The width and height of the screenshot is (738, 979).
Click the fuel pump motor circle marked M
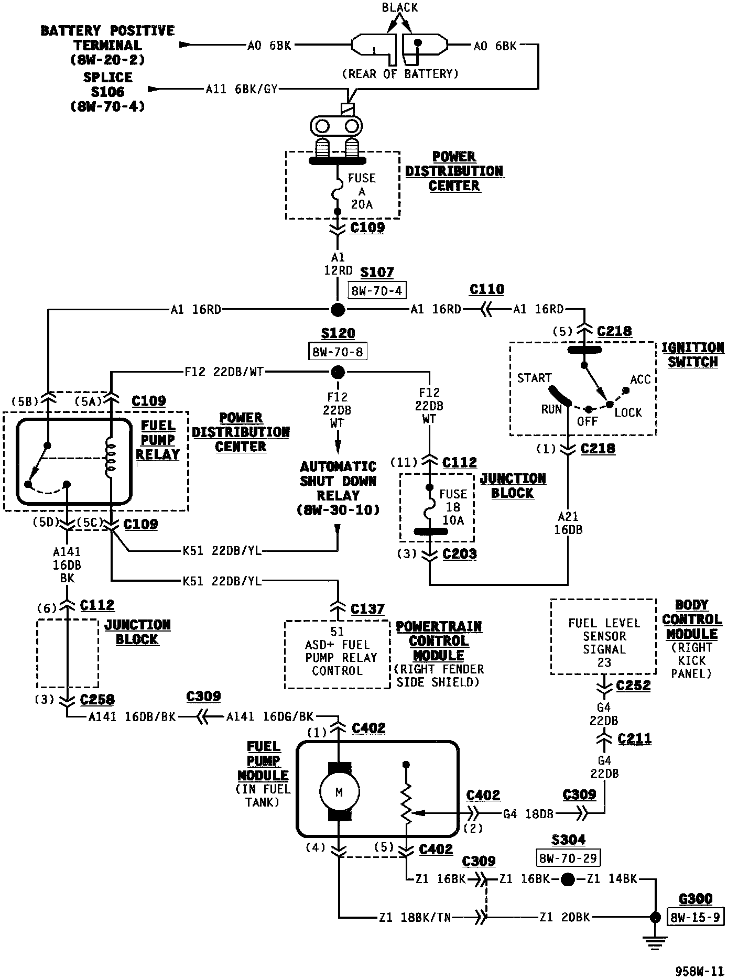339,792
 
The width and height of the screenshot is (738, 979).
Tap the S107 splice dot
338,309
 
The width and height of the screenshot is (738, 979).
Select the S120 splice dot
338,373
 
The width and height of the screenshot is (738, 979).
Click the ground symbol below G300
655,944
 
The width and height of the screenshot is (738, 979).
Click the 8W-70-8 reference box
338,352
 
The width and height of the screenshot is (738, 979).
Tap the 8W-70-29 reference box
568,858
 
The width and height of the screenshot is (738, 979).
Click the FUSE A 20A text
362,191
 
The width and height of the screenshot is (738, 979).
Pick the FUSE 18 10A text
453,507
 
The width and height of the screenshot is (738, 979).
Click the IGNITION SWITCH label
692,355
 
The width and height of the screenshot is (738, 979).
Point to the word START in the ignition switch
534,378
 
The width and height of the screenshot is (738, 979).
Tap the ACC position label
640,379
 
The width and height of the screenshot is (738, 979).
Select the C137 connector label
367,609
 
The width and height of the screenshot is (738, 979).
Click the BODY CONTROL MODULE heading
692,619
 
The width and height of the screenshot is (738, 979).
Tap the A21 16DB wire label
568,524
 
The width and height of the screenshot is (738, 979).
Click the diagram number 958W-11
699,971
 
